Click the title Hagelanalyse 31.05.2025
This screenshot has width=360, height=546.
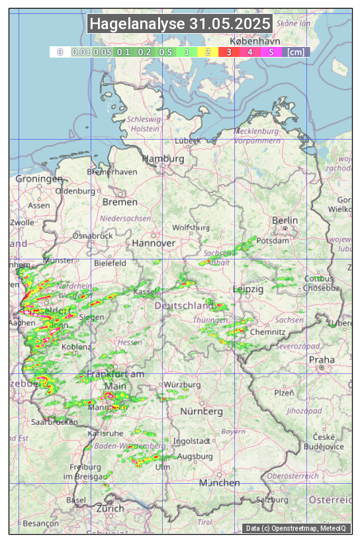pyautogui.click(x=180, y=24)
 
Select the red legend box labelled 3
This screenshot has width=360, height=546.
pyautogui.click(x=228, y=52)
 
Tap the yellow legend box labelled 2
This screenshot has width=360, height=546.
pyautogui.click(x=208, y=52)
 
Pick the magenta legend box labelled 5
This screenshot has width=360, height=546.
pyautogui.click(x=271, y=52)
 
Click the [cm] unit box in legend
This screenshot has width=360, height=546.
pyautogui.click(x=295, y=52)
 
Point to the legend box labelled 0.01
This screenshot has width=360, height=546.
pyautogui.click(x=81, y=52)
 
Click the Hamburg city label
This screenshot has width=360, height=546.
pyautogui.click(x=163, y=159)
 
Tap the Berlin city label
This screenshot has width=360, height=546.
pyautogui.click(x=285, y=220)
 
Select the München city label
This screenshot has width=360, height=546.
pyautogui.click(x=220, y=482)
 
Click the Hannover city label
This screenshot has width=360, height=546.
pyautogui.click(x=154, y=243)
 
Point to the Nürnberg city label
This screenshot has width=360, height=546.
pyautogui.click(x=202, y=411)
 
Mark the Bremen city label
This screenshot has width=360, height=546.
pyautogui.click(x=120, y=201)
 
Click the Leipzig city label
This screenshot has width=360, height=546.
pyautogui.click(x=248, y=289)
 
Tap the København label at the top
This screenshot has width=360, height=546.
pyautogui.click(x=255, y=40)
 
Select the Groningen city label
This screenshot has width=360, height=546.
pyautogui.click(x=39, y=179)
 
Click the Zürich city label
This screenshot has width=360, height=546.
pyautogui.click(x=110, y=508)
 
